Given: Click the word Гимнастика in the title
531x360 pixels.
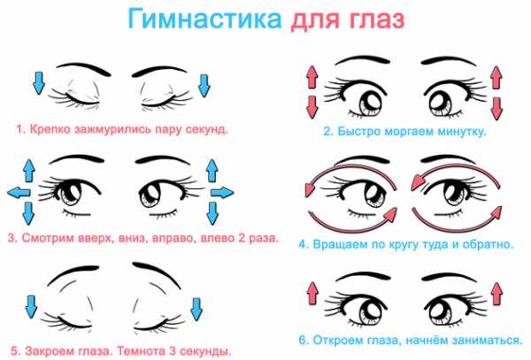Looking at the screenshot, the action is pos(205,19).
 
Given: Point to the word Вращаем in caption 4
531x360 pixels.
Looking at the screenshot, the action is pos(340,244).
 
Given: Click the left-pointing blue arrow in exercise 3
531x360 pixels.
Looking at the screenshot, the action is pos(19,193).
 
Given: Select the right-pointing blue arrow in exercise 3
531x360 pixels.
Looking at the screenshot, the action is pos(222,193).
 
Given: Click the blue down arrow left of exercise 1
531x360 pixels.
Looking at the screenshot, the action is pos(39,83).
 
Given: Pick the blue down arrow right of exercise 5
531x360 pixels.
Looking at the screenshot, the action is pos(196,310).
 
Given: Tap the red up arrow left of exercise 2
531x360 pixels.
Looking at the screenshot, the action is pos(312,77).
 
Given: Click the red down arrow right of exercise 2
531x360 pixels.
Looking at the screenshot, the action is pos(496,108).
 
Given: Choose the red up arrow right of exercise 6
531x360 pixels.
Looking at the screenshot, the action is pos(496,294).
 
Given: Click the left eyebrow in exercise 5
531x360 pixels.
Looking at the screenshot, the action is pos(70,271).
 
